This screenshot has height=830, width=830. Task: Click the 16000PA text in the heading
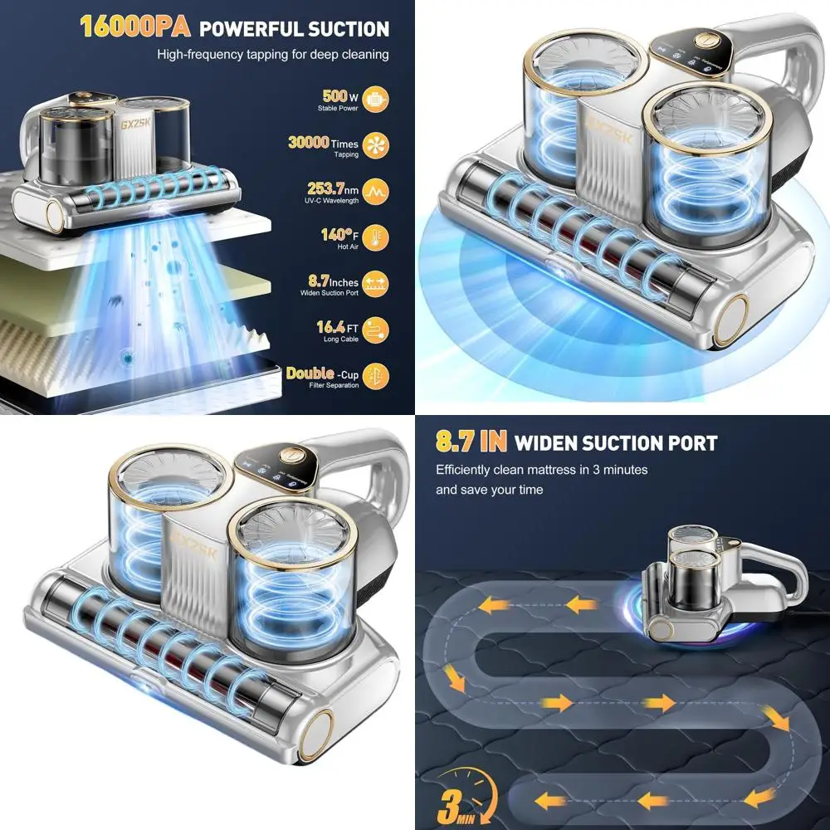pos(136,27)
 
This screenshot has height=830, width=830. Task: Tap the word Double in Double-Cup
pos(310,373)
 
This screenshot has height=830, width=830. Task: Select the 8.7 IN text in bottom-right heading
pos(470,442)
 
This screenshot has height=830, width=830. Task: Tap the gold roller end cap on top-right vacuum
pos(731,320)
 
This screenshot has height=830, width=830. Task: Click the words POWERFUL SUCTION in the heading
pos(295,29)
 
